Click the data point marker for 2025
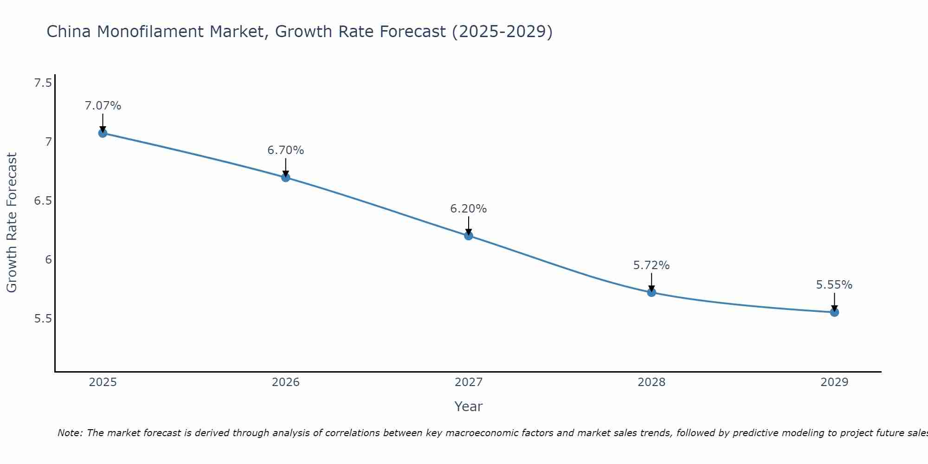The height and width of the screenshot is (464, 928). pos(103,133)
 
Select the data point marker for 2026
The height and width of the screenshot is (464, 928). pos(285,177)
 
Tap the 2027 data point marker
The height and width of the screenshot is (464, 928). pos(469,236)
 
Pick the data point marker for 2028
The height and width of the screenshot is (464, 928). pos(651,292)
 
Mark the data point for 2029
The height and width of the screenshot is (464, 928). pos(834,312)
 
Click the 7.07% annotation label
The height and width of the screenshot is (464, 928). pos(103,106)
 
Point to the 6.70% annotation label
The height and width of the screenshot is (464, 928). pos(285,150)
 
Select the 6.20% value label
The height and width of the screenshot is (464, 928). pos(469,209)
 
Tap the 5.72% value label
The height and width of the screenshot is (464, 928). pos(651,265)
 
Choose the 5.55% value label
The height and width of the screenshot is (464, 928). pos(834,285)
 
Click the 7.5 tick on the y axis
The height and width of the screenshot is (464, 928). pos(43,83)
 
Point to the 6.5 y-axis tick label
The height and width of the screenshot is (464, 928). pos(43,201)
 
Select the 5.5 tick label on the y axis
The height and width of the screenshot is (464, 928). pos(43,319)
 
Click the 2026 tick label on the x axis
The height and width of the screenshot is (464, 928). pos(285,382)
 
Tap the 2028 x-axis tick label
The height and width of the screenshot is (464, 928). pos(651,382)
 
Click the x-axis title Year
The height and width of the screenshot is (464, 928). pos(469,406)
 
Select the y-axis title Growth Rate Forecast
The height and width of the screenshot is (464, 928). pos(12,223)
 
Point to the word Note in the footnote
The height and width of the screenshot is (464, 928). pos(70,433)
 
